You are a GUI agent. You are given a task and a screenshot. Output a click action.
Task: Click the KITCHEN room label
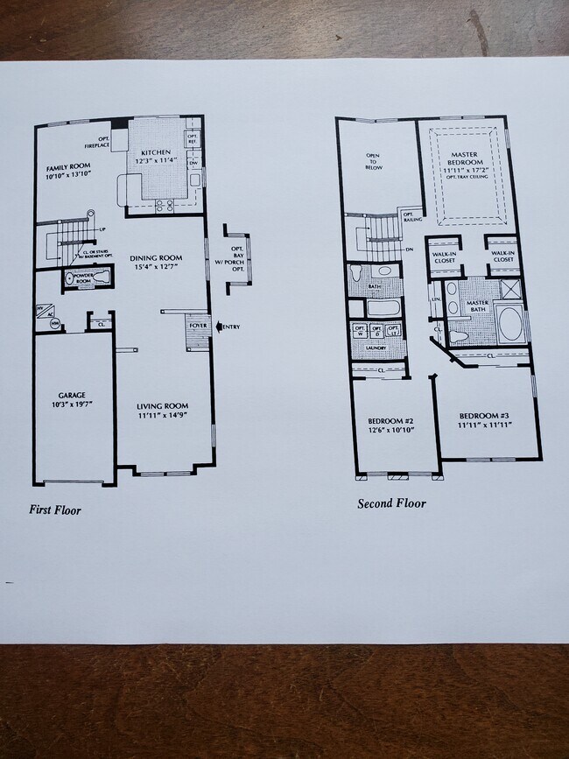pos(156,151)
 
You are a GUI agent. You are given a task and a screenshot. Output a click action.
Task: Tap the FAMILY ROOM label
pos(67,166)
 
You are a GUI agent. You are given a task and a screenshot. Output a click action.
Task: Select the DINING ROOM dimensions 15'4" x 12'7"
pos(156,269)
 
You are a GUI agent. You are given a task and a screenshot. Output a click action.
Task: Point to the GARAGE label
pos(70,395)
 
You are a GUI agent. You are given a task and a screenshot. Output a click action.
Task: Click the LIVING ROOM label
pos(162,406)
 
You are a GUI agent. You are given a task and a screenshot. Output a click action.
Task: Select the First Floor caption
pos(54,510)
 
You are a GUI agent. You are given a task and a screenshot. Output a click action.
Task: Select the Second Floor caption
pos(391,503)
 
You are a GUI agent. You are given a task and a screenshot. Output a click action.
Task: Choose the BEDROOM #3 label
pos(484,414)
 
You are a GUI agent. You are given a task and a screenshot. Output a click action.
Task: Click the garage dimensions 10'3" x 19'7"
pos(70,405)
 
